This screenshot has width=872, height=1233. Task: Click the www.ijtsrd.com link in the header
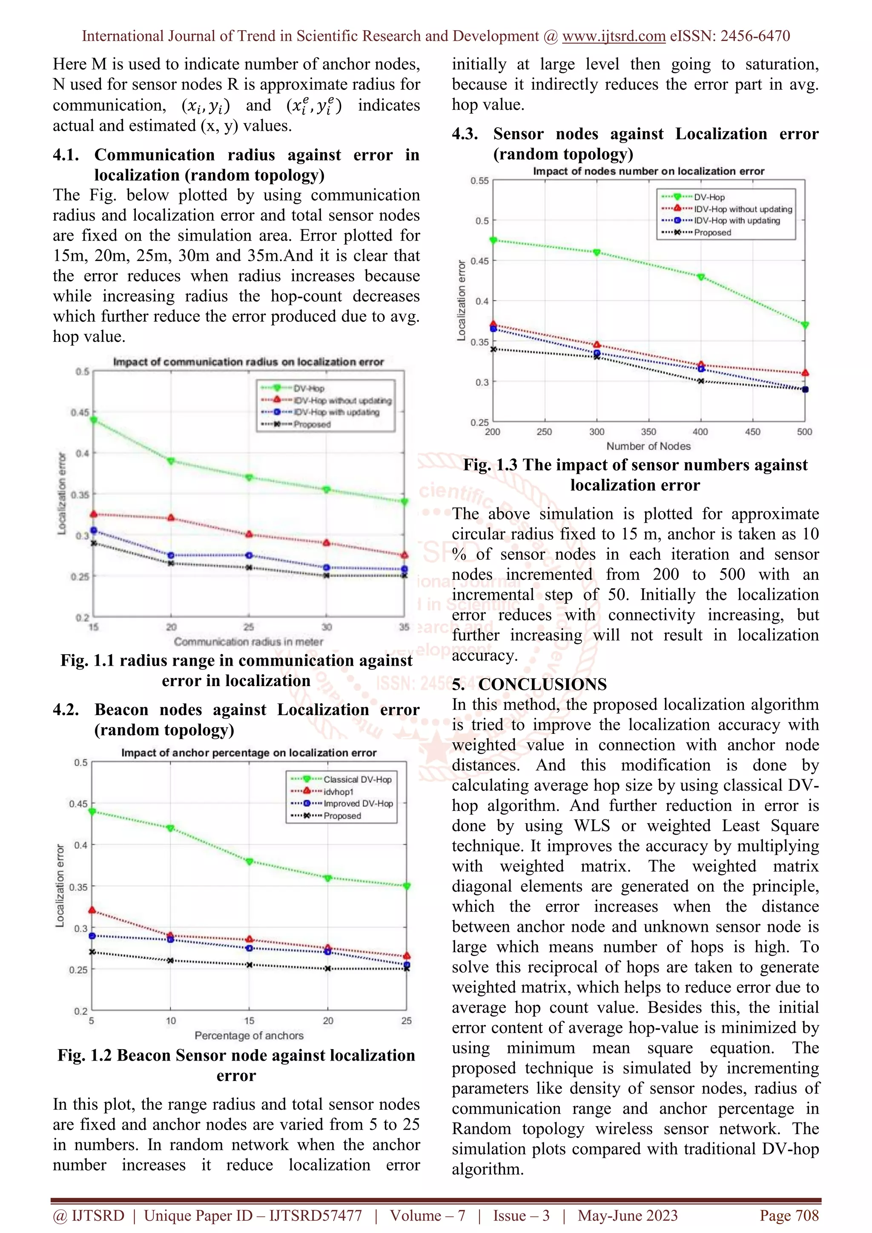614,36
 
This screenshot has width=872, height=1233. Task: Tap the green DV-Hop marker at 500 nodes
804,325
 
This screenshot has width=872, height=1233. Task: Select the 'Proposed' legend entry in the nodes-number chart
712,232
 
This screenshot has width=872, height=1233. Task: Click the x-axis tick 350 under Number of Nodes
648,432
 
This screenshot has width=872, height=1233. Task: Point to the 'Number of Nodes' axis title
648,446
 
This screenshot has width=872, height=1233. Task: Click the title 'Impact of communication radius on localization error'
248,362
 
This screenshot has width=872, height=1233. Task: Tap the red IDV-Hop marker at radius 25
249,534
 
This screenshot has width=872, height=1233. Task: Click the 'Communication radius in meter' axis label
248,642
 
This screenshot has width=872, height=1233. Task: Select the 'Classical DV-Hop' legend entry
357,779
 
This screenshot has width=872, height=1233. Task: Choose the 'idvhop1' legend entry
338,792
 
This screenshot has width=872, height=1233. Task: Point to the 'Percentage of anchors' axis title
249,1036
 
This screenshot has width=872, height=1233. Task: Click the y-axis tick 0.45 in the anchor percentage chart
78,804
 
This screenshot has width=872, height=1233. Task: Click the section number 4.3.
465,134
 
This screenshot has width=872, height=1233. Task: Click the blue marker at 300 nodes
597,353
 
